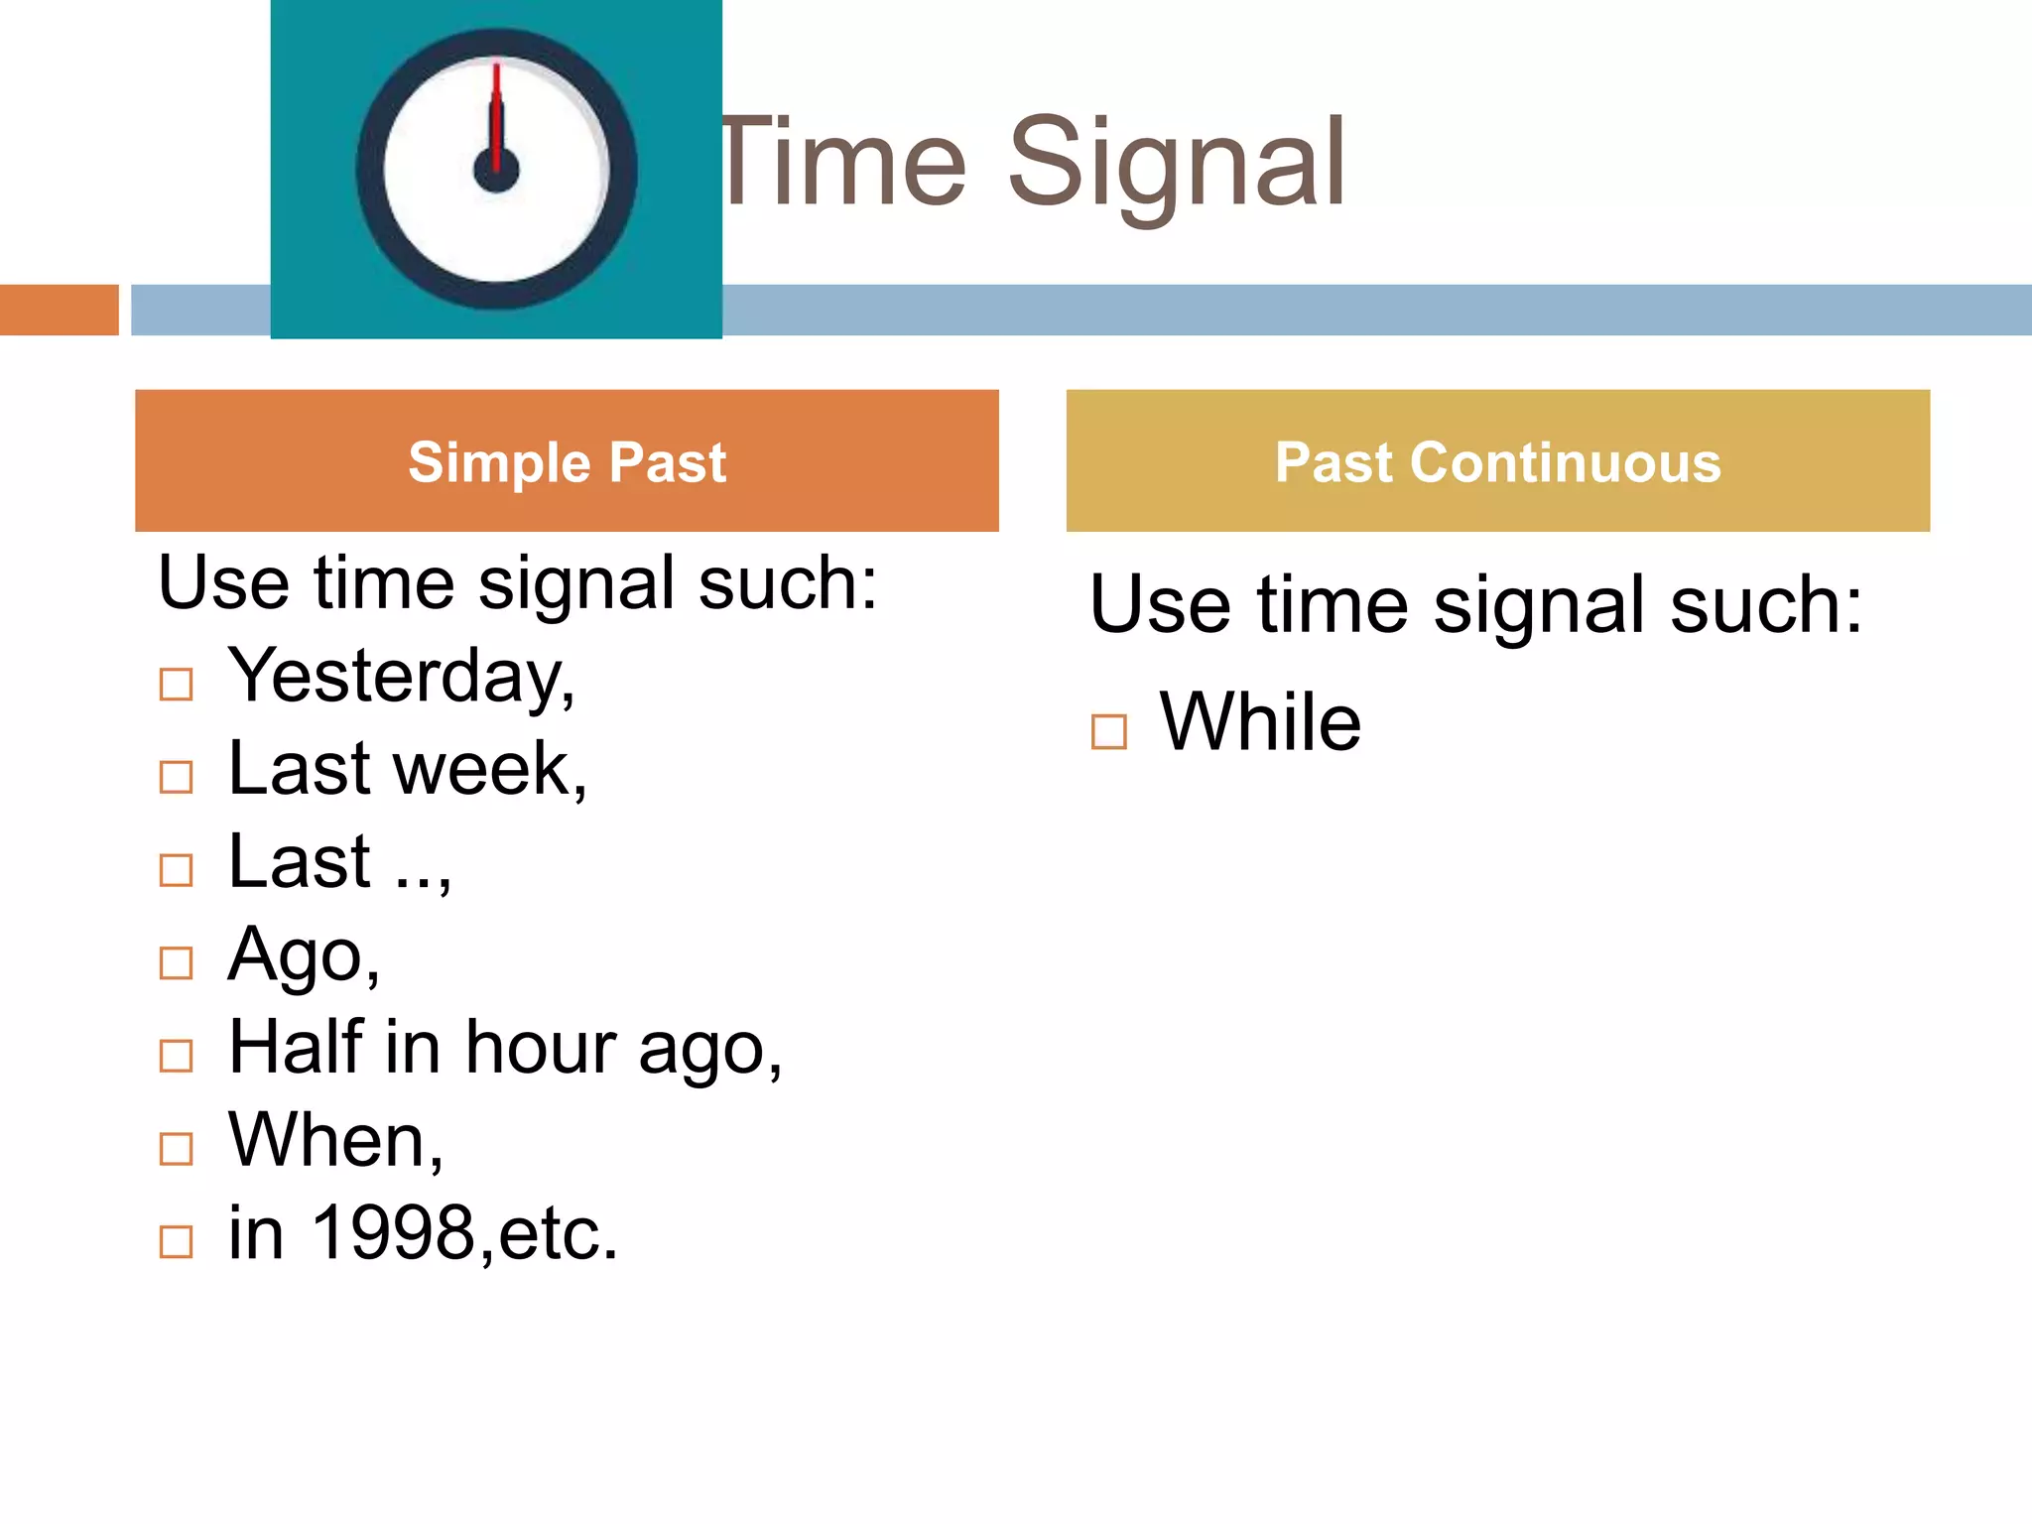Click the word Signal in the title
tap(1177, 164)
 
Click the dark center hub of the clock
tap(496, 171)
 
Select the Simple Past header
tap(567, 461)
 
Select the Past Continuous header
tap(1497, 461)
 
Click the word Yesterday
tap(400, 677)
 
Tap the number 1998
tap(394, 1233)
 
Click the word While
tap(1260, 722)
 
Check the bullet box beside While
tap(1108, 732)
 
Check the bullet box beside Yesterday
tap(176, 684)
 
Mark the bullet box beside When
tap(176, 1148)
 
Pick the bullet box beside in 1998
tap(176, 1241)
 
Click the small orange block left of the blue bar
tap(59, 310)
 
